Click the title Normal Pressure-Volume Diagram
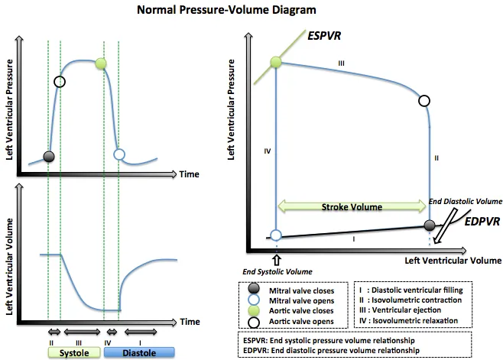(210, 11)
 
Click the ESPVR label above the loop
(324, 36)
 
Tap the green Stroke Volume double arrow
(352, 206)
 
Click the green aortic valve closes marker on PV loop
(277, 62)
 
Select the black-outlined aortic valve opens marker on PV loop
(425, 100)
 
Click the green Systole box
(74, 353)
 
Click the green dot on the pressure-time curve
(99, 63)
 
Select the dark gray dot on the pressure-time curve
(49, 156)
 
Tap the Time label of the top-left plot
(190, 174)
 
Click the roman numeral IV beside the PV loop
(267, 152)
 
